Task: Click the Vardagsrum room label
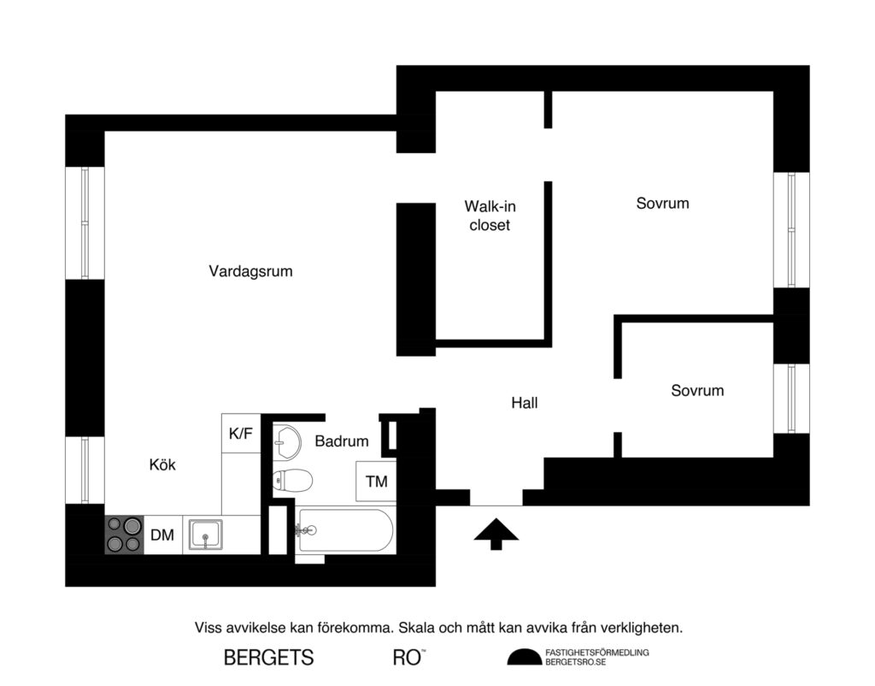click(250, 271)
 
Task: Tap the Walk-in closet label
click(490, 216)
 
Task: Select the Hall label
click(525, 402)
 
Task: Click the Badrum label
click(342, 441)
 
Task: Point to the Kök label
click(162, 464)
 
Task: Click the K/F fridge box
click(240, 434)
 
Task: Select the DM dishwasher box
click(162, 535)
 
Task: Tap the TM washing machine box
click(376, 482)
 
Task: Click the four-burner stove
click(124, 535)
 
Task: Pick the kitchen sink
click(204, 535)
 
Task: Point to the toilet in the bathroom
click(290, 481)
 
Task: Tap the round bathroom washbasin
click(287, 441)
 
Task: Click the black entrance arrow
click(496, 534)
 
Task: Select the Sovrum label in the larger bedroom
click(662, 204)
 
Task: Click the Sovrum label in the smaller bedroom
click(697, 390)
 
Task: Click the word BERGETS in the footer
click(268, 658)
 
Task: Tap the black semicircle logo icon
click(525, 657)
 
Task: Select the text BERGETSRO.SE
click(575, 663)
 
